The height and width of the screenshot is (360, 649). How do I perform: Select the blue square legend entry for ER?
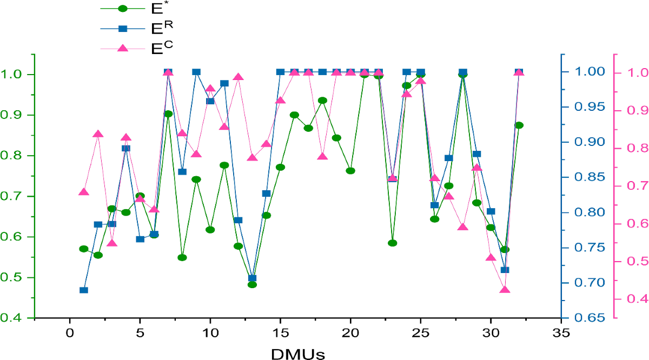click(123, 28)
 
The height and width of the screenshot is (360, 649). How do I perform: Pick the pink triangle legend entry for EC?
click(123, 48)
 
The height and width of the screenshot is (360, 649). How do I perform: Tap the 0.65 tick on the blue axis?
click(587, 318)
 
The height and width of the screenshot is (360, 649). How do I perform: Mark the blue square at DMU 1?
click(84, 290)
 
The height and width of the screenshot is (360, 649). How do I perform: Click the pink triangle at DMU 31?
click(505, 290)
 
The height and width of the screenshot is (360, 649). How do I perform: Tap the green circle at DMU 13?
click(252, 284)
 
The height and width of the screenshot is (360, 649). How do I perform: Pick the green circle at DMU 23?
click(393, 243)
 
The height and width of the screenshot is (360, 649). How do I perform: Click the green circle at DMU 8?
click(182, 257)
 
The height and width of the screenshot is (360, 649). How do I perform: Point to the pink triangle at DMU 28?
click(463, 226)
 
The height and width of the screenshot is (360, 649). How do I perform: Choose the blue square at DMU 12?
click(238, 220)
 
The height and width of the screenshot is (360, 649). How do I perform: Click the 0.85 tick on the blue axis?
click(587, 177)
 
